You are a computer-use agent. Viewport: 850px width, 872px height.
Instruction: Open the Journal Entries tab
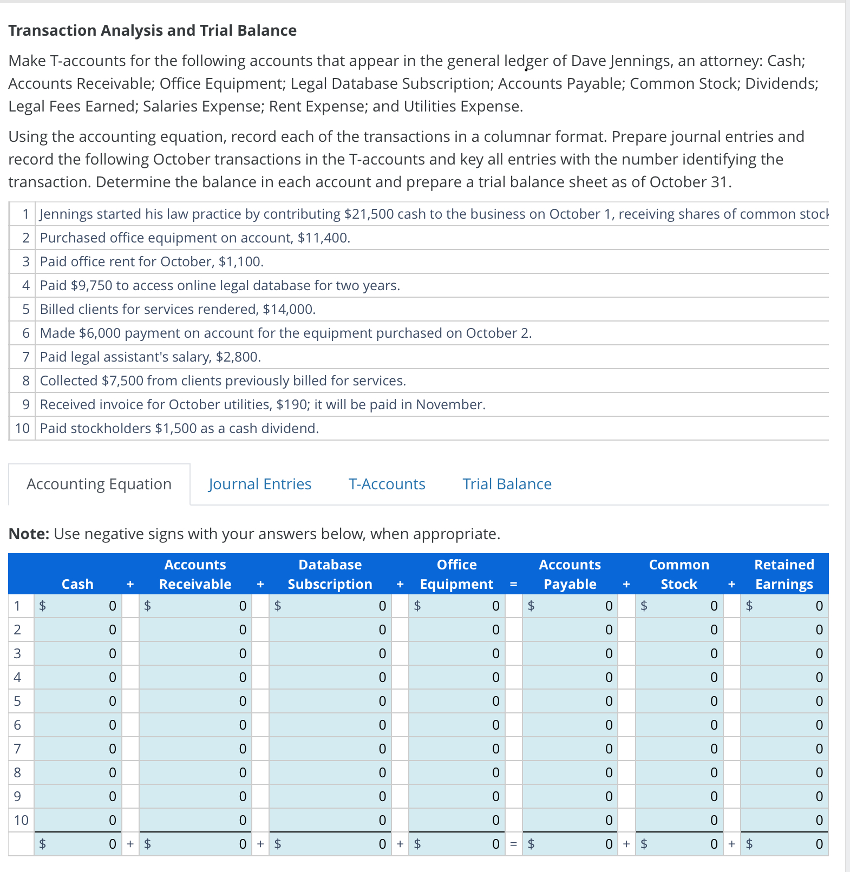260,484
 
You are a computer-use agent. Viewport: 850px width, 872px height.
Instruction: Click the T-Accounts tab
387,484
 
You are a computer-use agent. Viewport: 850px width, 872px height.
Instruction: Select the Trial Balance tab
507,484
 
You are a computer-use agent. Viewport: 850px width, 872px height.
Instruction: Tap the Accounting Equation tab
99,484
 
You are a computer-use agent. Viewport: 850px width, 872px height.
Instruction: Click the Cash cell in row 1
79,606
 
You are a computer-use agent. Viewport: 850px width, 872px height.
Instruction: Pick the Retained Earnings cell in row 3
783,653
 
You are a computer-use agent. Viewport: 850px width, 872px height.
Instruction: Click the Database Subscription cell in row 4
330,677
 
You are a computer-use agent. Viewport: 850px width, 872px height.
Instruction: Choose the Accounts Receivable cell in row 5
195,701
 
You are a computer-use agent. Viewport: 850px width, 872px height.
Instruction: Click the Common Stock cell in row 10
679,820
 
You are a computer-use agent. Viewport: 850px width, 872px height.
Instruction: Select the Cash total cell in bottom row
79,844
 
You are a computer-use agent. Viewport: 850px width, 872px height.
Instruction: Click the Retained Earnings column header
784,574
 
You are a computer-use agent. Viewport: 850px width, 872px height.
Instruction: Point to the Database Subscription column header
330,574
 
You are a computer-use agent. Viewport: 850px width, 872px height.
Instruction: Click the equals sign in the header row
513,585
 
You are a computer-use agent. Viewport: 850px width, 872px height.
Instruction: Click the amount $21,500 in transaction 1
369,214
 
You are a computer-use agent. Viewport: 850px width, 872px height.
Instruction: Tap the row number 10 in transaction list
22,429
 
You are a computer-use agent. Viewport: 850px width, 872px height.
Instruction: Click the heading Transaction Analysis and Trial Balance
153,30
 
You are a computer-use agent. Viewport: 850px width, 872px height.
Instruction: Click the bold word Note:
29,534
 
